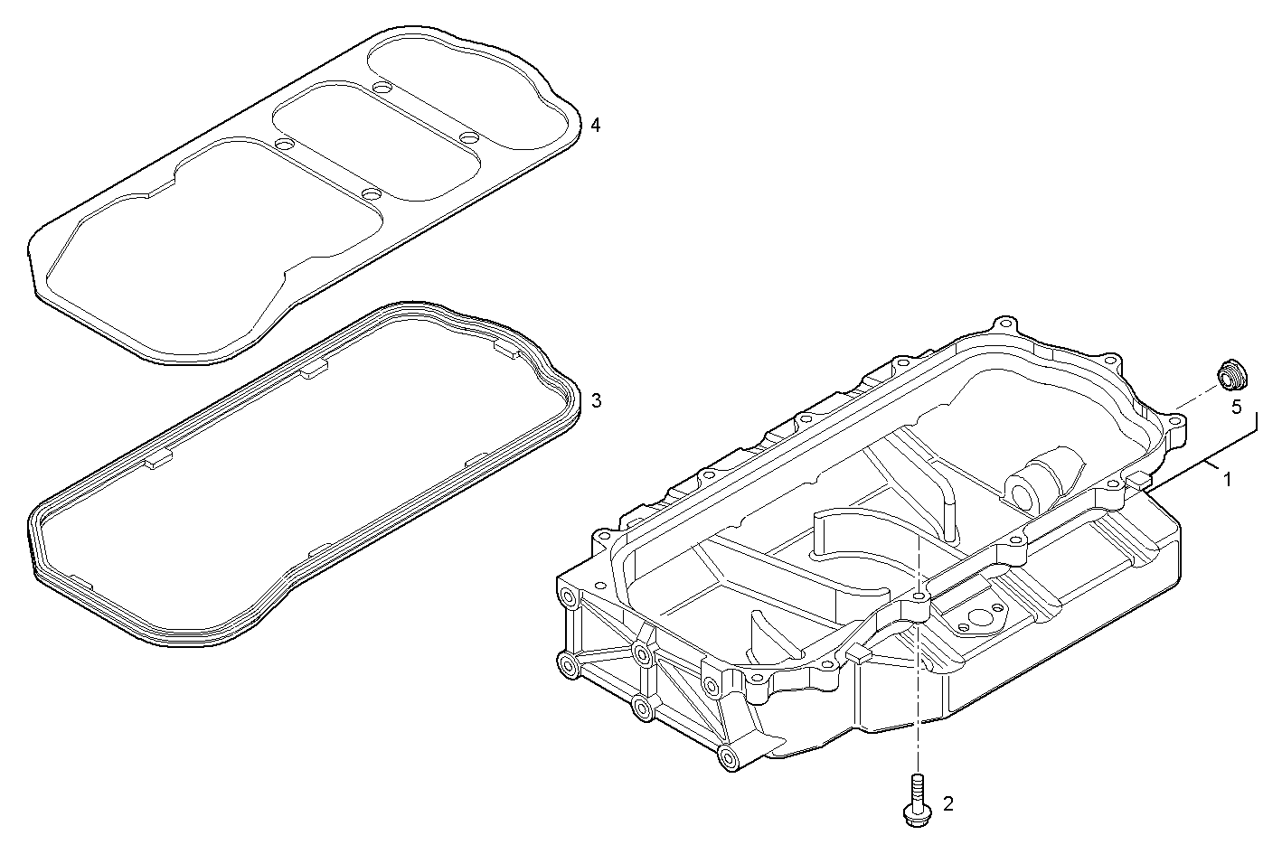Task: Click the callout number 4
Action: pyautogui.click(x=594, y=125)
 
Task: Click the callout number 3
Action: pyautogui.click(x=595, y=399)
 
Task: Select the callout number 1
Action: pyautogui.click(x=1226, y=479)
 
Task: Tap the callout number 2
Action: pyautogui.click(x=947, y=802)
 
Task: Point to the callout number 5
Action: pyautogui.click(x=1236, y=407)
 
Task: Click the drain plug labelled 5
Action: pyautogui.click(x=1228, y=374)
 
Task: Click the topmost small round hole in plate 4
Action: pyautogui.click(x=381, y=88)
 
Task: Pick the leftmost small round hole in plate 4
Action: pyautogui.click(x=283, y=145)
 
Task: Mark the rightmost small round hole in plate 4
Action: pyautogui.click(x=467, y=137)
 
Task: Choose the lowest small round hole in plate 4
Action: pyautogui.click(x=369, y=192)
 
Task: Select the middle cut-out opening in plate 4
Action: pyautogui.click(x=375, y=140)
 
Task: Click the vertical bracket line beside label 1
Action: pyautogui.click(x=1257, y=425)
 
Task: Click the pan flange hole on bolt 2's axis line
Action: pyautogui.click(x=918, y=598)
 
